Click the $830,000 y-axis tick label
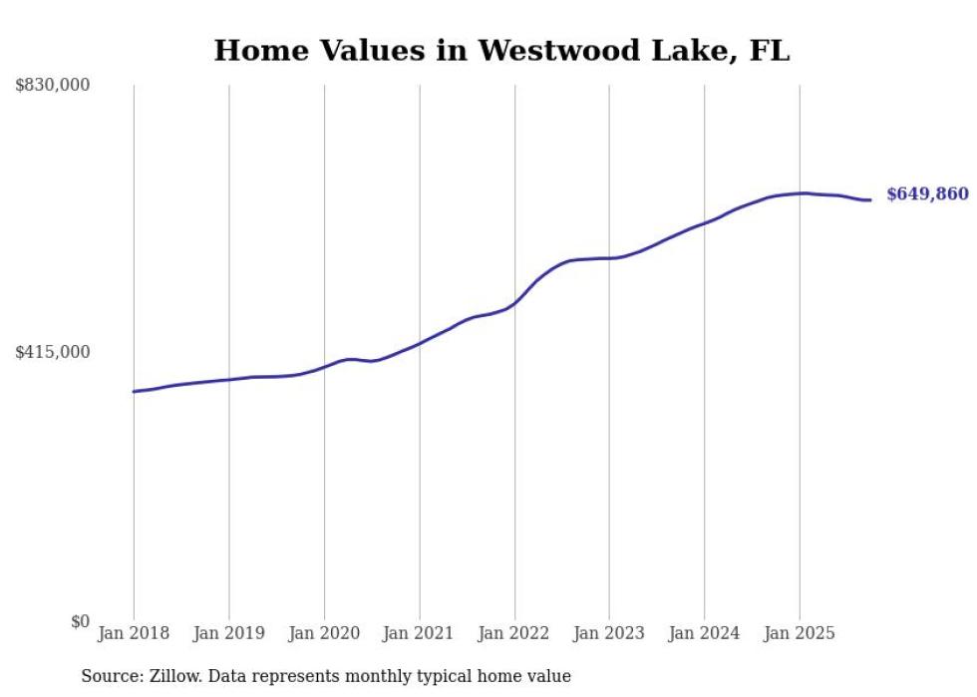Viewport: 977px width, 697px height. (52, 86)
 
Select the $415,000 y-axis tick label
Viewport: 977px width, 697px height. (52, 352)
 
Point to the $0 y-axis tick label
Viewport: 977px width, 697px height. (80, 621)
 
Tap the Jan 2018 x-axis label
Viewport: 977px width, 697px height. (134, 633)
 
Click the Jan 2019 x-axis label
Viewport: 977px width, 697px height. (229, 633)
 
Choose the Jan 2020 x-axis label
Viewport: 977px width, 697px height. (324, 633)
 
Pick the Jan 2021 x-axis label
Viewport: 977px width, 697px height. (419, 633)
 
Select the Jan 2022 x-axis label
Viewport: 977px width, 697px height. (514, 633)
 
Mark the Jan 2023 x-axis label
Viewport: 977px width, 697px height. (609, 633)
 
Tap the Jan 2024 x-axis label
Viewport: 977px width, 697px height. (704, 633)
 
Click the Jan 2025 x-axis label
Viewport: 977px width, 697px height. (799, 633)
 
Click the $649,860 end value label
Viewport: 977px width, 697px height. (927, 194)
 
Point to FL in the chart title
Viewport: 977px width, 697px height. (768, 51)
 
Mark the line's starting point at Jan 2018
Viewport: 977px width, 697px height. (134, 391)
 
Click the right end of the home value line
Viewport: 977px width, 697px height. (871, 200)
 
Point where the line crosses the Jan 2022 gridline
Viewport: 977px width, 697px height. (514, 302)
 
